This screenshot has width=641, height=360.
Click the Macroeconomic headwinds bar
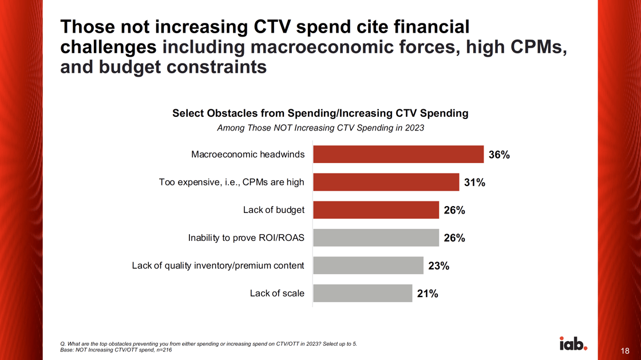[398, 155]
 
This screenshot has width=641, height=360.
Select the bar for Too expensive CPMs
[386, 182]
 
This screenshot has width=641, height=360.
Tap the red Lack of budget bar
[376, 210]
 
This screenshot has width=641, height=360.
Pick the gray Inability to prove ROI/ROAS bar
[376, 238]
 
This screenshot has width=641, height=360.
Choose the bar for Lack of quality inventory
[368, 266]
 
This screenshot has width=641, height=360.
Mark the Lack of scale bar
[362, 294]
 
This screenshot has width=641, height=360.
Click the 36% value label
[498, 155]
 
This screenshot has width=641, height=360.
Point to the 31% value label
[474, 183]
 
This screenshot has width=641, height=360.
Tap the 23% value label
[438, 266]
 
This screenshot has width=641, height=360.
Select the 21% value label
[428, 294]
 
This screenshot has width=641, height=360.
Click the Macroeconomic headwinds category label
[248, 155]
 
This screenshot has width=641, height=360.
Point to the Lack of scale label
[277, 294]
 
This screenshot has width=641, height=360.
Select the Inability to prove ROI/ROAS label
[246, 238]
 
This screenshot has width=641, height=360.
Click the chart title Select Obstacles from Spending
[320, 113]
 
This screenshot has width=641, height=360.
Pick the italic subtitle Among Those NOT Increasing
[320, 128]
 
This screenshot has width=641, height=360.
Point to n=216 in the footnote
[162, 350]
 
